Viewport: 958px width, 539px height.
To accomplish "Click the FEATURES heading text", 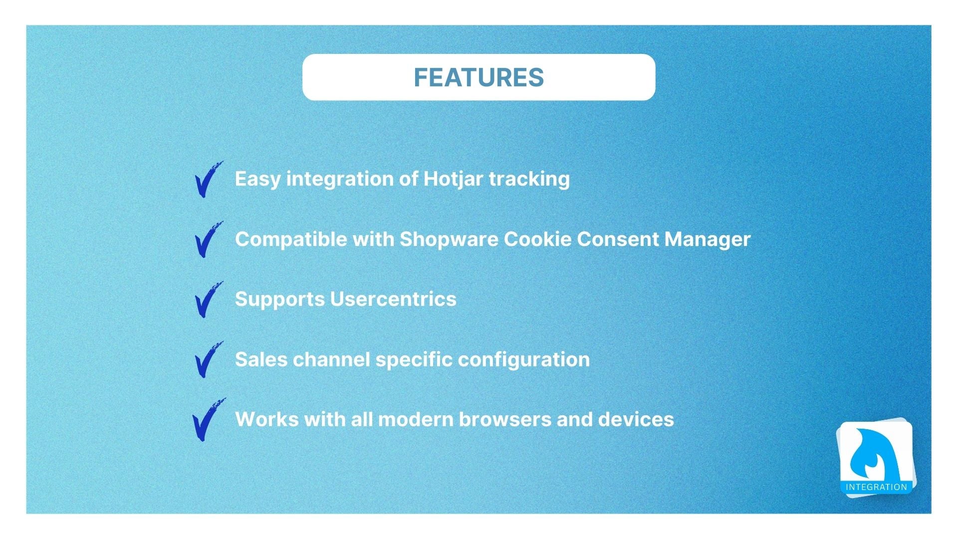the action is (479, 77).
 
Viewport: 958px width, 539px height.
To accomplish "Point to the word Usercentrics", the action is (393, 299).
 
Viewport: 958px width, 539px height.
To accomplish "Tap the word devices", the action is (636, 419).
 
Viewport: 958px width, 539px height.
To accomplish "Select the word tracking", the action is (529, 179).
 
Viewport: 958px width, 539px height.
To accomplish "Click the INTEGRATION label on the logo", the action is (876, 487).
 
